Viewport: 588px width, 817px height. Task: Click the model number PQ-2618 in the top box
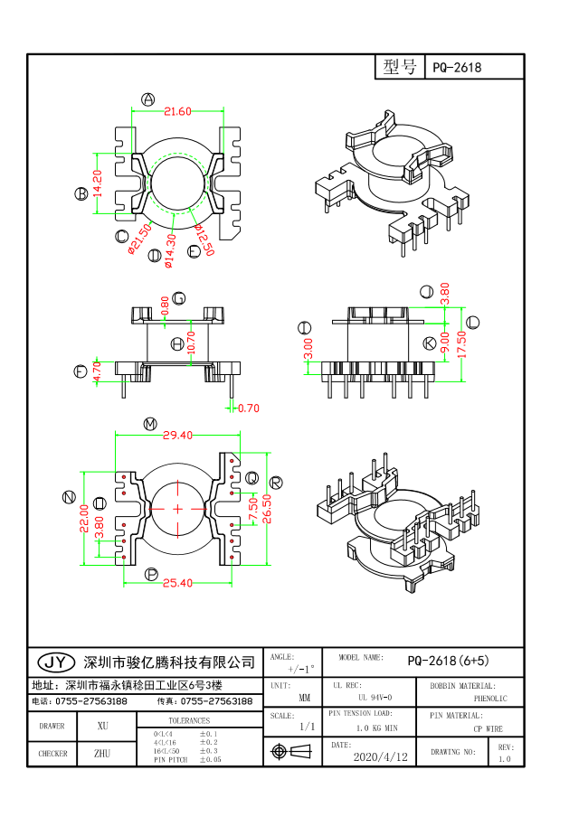click(x=457, y=68)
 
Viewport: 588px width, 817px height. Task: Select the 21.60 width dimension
click(x=177, y=112)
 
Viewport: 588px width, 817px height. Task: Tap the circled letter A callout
click(x=148, y=99)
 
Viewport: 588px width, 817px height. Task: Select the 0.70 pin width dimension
click(x=247, y=408)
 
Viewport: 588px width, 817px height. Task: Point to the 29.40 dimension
click(x=177, y=435)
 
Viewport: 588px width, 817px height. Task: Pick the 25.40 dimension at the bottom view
click(x=177, y=583)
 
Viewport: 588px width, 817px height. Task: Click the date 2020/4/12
click(x=380, y=756)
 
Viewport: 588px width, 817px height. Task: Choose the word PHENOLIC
click(x=489, y=699)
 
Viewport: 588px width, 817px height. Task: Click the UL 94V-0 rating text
click(x=375, y=698)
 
